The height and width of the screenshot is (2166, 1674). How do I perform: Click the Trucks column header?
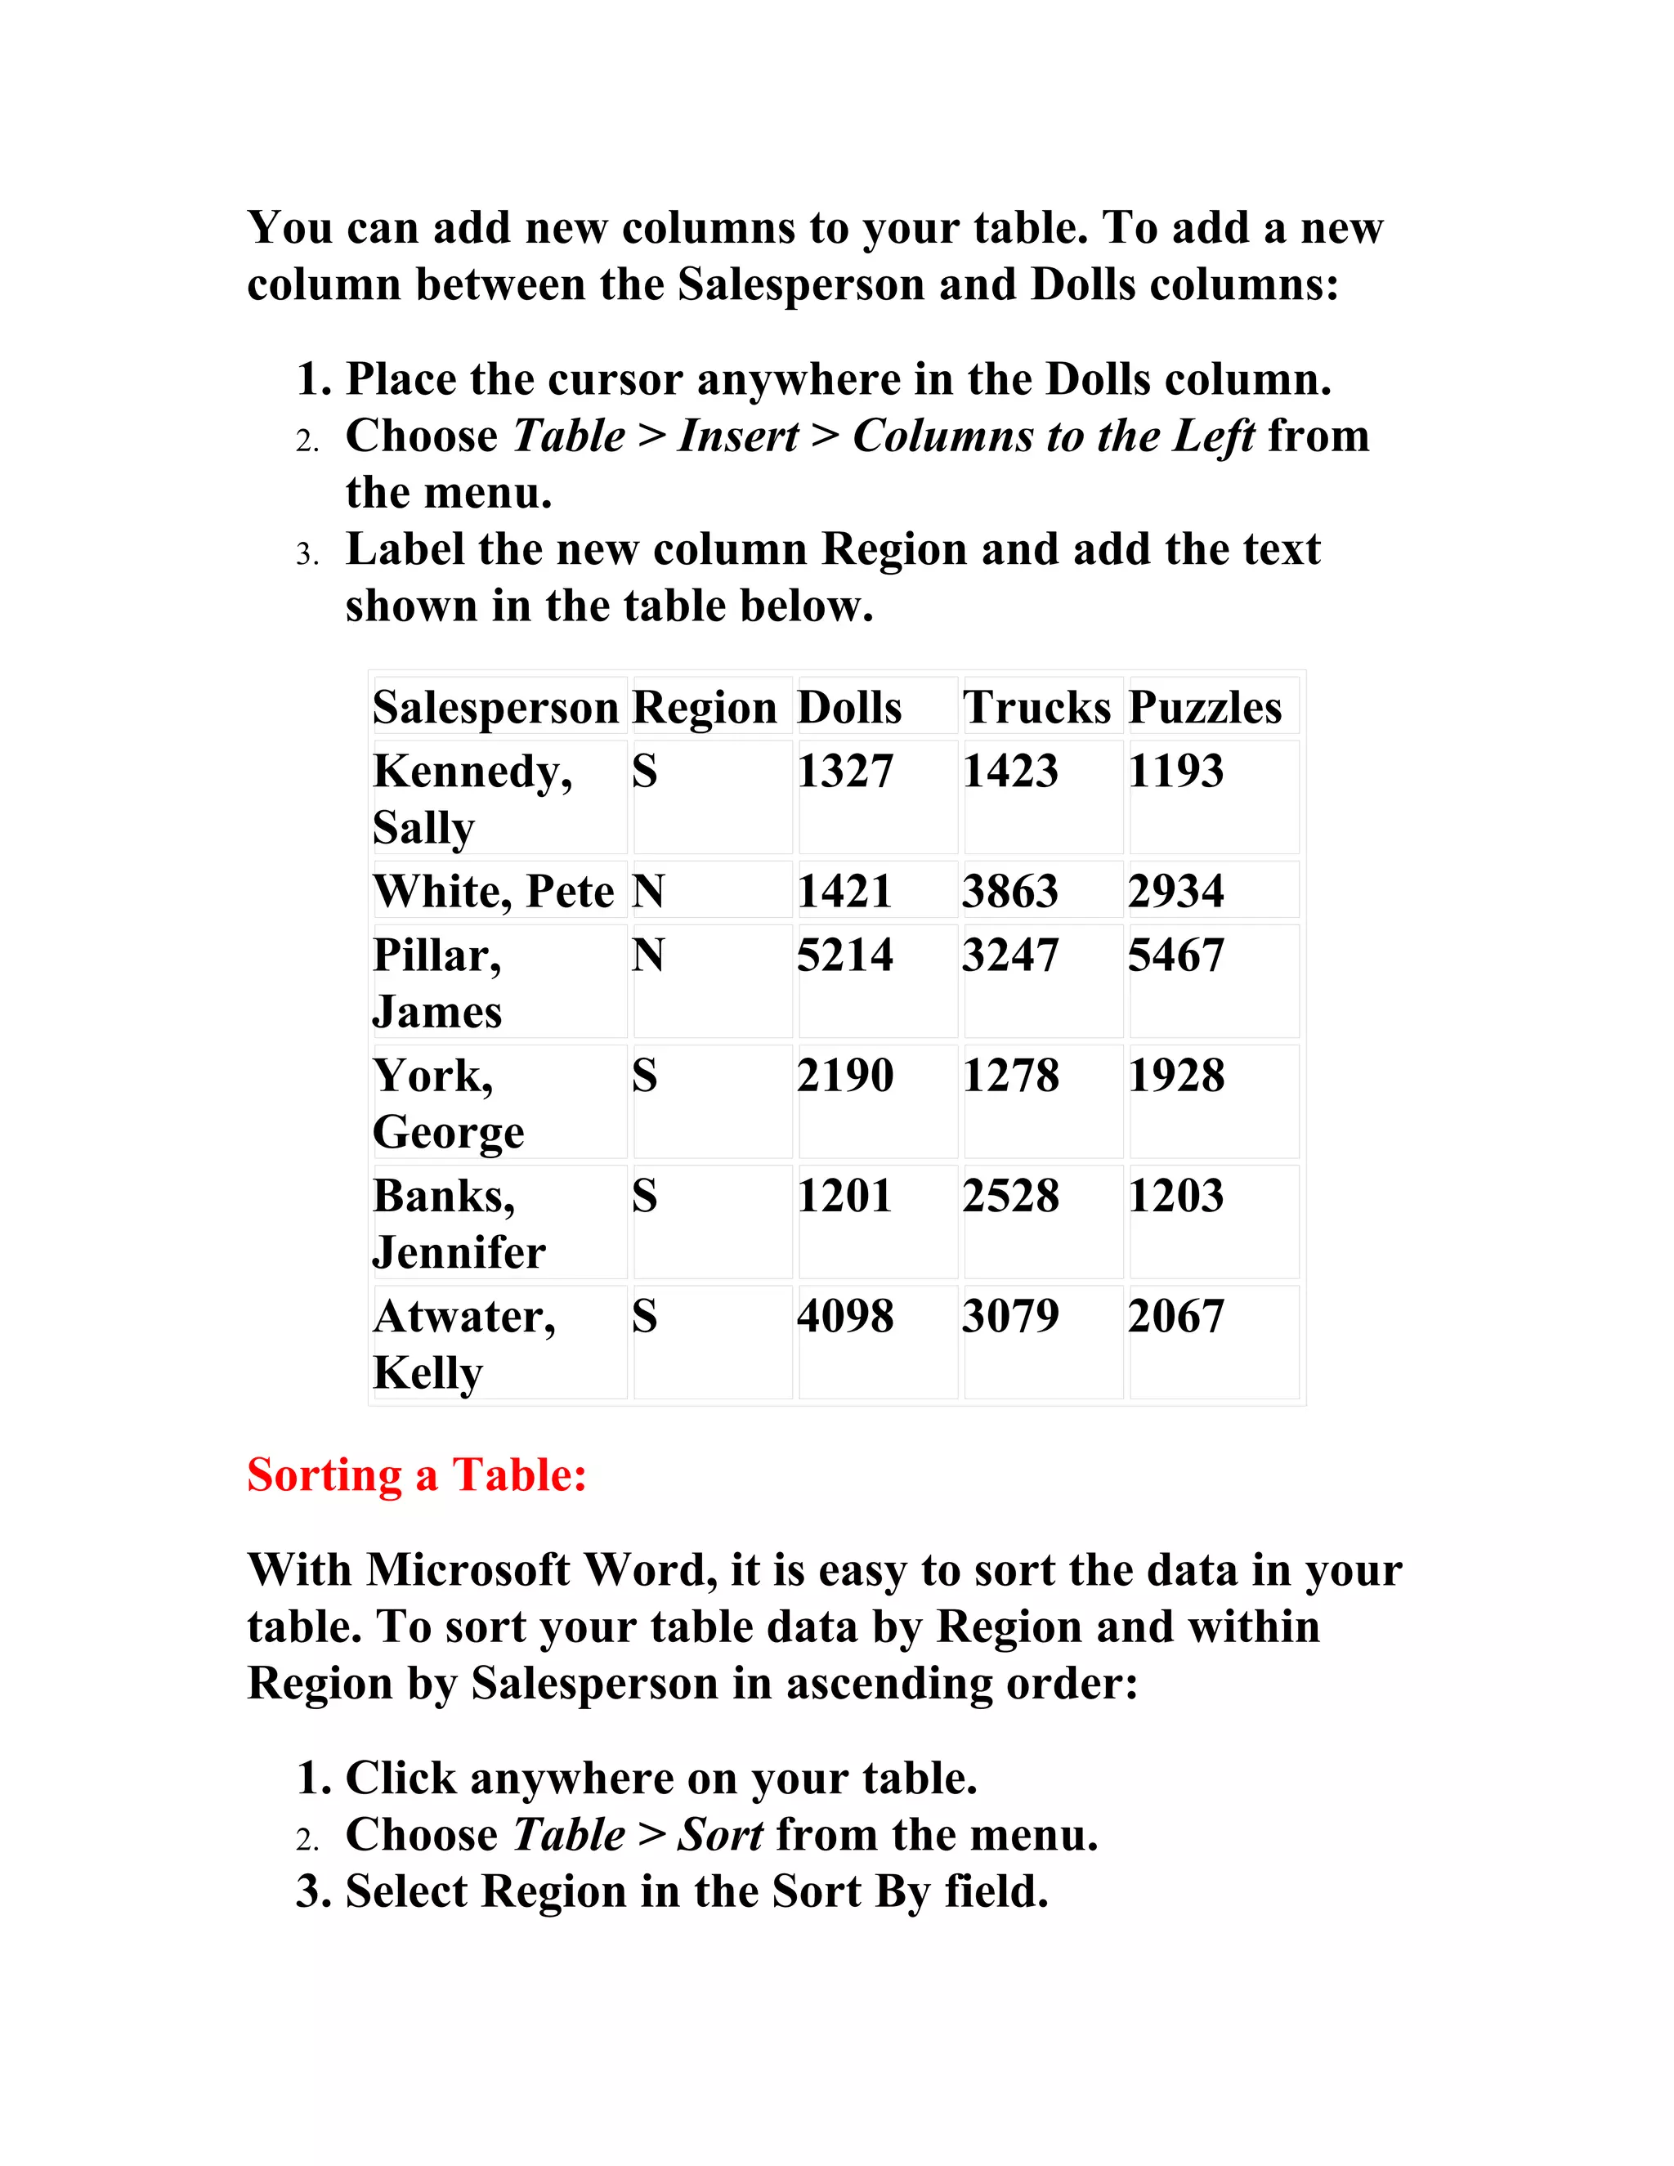[x=1036, y=708]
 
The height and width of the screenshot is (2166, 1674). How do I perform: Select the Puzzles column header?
[x=1204, y=708]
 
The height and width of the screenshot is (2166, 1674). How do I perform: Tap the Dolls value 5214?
[x=845, y=955]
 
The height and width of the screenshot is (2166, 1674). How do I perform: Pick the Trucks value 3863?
[x=1009, y=891]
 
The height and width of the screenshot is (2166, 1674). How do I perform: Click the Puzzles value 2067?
[x=1175, y=1316]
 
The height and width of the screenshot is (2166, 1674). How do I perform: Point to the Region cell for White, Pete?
[x=647, y=891]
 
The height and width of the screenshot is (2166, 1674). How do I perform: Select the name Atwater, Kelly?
[x=464, y=1344]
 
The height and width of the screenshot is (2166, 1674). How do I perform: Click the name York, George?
[x=447, y=1103]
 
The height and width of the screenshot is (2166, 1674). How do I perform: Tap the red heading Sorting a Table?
[x=417, y=1475]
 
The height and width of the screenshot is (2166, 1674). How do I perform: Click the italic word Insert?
[x=738, y=436]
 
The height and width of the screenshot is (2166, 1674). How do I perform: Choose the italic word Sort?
[x=720, y=1835]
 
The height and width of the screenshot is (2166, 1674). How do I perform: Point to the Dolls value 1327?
[x=845, y=772]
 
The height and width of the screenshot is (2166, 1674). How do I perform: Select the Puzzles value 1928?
[x=1175, y=1076]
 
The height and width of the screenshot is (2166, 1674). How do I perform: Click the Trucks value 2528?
[x=1009, y=1196]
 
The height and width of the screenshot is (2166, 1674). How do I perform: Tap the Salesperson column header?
[x=495, y=708]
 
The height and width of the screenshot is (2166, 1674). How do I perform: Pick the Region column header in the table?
[x=704, y=708]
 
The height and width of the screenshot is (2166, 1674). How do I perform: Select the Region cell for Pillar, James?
[x=647, y=955]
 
